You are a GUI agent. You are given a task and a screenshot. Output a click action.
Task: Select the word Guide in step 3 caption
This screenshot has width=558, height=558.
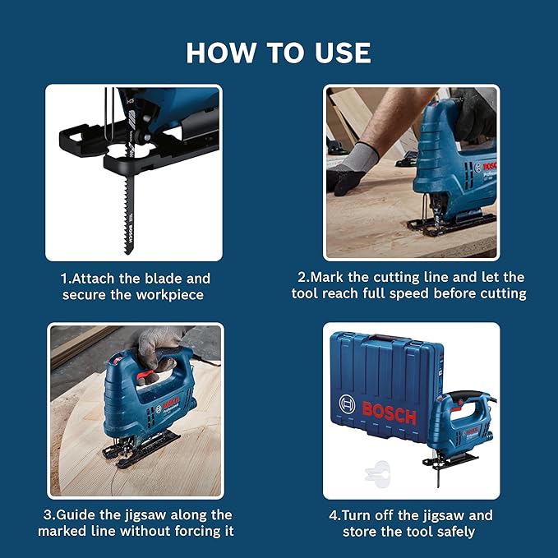click(81, 514)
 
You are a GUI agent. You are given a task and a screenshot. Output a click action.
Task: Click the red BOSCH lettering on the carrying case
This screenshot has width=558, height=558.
click(390, 412)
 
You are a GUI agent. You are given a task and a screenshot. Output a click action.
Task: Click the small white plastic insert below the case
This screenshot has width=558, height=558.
click(376, 473)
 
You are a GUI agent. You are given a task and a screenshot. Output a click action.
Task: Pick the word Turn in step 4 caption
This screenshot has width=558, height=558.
click(357, 515)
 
